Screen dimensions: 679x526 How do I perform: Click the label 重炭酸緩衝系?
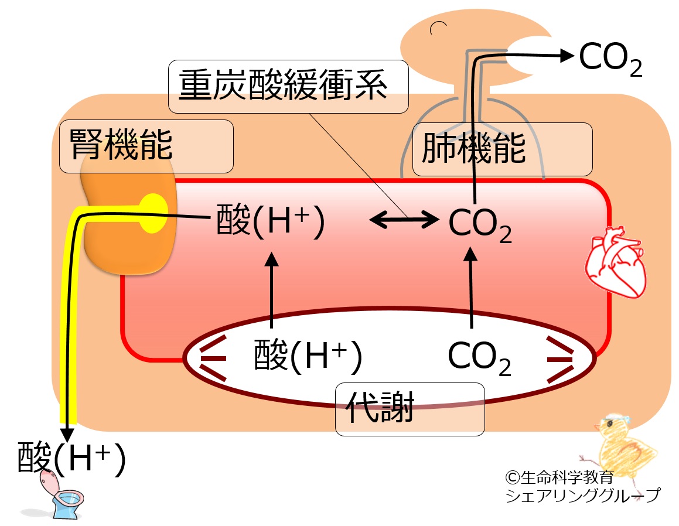(283, 86)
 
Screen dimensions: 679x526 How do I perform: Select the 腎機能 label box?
(146, 146)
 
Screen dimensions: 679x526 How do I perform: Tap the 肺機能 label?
(474, 149)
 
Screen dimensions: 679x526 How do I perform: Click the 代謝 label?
(380, 407)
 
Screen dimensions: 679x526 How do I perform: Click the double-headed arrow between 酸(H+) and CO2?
(404, 220)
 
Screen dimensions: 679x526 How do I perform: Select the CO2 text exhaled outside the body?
(610, 59)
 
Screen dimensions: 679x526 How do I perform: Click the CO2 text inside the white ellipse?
(479, 358)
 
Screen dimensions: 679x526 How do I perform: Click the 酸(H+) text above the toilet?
(71, 458)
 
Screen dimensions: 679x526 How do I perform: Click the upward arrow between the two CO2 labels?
(470, 287)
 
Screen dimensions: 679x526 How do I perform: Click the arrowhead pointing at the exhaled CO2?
(567, 56)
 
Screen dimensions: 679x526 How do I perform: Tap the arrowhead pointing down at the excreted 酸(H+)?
(67, 434)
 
